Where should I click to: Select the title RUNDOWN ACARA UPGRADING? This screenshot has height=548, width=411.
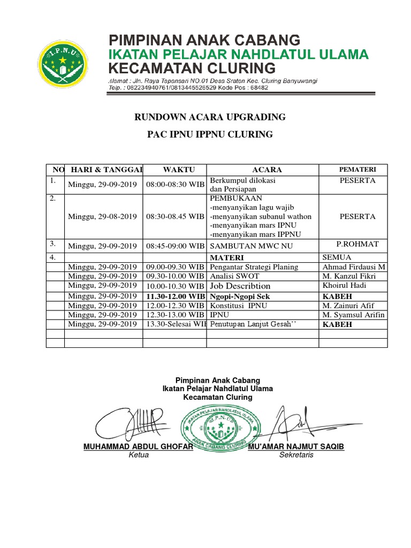[x=210, y=117]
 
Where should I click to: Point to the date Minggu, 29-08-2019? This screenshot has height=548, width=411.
[x=102, y=217]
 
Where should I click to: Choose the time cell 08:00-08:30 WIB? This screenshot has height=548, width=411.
[x=175, y=185]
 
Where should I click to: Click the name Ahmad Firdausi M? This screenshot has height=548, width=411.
[x=353, y=267]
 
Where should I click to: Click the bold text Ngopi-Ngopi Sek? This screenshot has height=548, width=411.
[x=240, y=296]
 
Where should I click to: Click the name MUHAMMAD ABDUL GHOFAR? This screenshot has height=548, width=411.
[x=138, y=447]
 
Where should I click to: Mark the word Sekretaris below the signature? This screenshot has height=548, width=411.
[x=296, y=455]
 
